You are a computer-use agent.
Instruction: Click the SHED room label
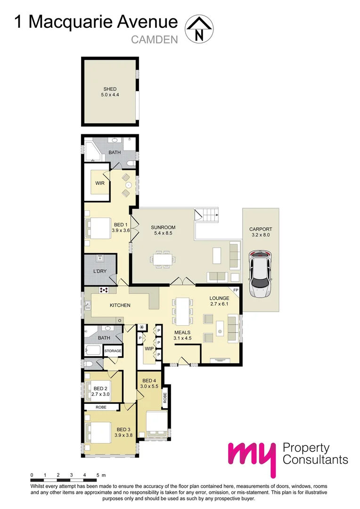(x=110, y=89)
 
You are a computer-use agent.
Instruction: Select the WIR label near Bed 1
(x=99, y=183)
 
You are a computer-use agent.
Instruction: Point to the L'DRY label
(x=99, y=271)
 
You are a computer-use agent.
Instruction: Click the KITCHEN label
(x=120, y=305)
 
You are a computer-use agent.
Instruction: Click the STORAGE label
(x=113, y=351)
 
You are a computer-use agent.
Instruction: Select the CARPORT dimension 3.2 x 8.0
(x=261, y=235)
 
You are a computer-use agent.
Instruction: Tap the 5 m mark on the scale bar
(x=98, y=475)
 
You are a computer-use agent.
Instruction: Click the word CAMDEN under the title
(x=154, y=40)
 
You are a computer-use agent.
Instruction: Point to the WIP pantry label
(x=148, y=349)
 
